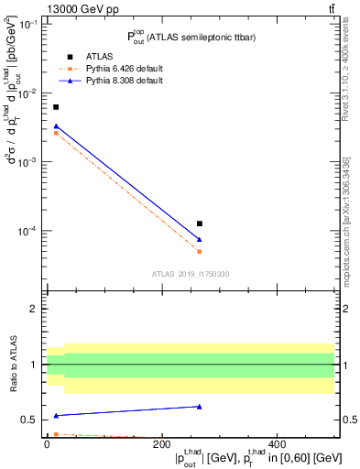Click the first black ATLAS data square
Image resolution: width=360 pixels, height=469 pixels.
coord(56,107)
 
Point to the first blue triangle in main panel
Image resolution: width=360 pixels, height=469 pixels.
coord(56,125)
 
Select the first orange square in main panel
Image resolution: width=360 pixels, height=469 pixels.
coord(56,133)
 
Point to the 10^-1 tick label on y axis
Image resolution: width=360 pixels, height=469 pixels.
coord(27,25)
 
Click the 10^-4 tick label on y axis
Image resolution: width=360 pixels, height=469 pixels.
coord(27,230)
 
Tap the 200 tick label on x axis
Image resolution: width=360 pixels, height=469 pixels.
coord(162,445)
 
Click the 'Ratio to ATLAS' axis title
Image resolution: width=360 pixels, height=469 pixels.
coord(11,364)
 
